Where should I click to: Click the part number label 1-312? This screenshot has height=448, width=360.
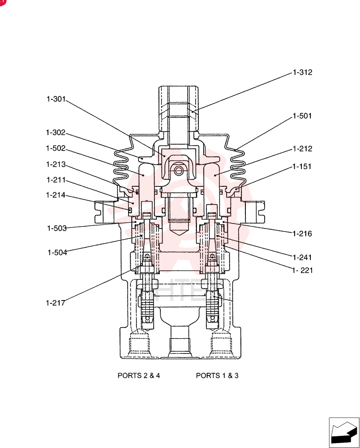tap(303, 72)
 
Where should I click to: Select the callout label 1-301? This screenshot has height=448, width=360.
tap(56, 99)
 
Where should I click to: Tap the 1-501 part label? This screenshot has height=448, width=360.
tap(302, 116)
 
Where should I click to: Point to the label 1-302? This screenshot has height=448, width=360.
tap(56, 133)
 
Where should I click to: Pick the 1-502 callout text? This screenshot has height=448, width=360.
tap(56, 148)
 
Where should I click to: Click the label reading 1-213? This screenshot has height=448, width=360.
tap(56, 164)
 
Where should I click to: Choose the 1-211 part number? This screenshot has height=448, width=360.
tap(56, 180)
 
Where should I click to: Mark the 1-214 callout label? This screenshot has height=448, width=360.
tap(56, 195)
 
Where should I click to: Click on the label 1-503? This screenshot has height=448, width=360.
tap(57, 228)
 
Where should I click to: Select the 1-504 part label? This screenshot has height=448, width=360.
tap(57, 253)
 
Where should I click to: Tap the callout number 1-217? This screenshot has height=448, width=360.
tap(56, 303)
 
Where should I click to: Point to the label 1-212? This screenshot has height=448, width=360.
tap(303, 149)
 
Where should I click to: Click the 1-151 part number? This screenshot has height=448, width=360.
tap(302, 167)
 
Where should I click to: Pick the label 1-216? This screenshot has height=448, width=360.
tap(302, 234)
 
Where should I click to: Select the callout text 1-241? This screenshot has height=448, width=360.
tap(302, 258)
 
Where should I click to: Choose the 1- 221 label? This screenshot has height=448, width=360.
tap(303, 270)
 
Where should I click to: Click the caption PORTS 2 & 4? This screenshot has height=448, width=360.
tap(139, 375)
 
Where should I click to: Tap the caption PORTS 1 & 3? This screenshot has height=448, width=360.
tap(217, 375)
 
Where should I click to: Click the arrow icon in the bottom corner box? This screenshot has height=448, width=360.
tap(344, 433)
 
